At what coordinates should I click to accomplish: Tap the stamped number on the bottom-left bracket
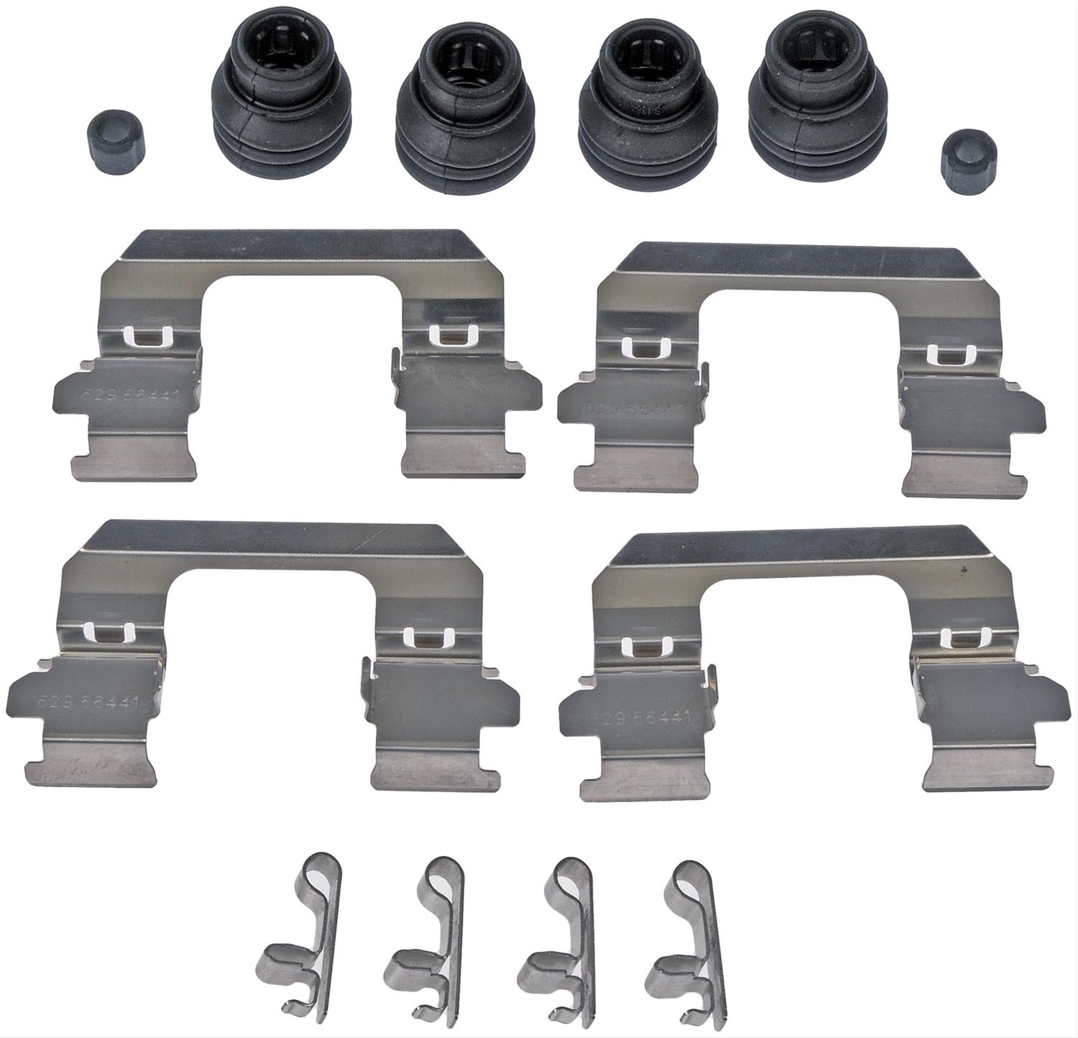[80, 702]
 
